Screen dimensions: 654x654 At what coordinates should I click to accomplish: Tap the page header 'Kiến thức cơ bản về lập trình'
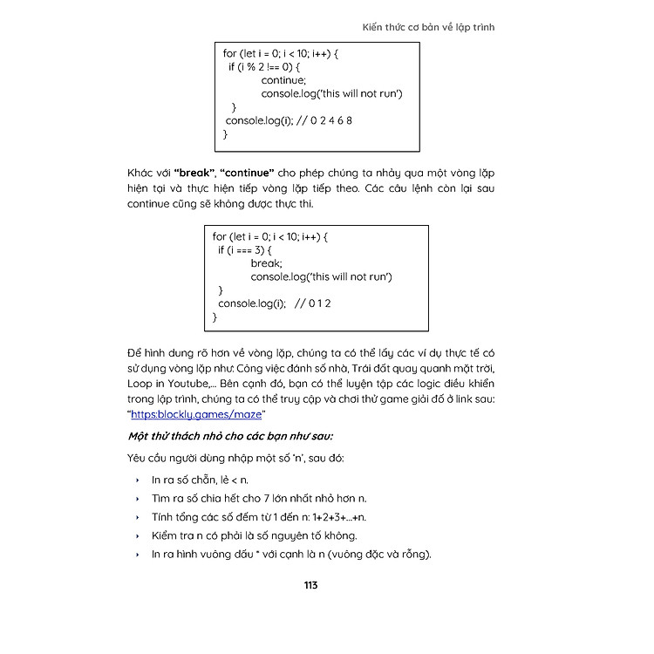click(x=429, y=27)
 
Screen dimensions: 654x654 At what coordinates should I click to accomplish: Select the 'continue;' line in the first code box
click(x=283, y=80)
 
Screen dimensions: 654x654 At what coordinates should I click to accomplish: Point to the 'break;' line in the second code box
click(x=267, y=263)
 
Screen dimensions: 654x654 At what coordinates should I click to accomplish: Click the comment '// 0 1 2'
click(x=313, y=303)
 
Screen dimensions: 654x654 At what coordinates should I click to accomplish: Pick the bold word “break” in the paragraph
click(x=194, y=173)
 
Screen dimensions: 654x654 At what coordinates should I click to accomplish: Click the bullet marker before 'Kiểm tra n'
click(x=138, y=536)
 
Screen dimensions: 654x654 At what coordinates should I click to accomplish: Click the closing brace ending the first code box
click(x=226, y=134)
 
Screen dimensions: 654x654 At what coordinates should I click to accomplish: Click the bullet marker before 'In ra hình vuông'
click(x=138, y=555)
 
